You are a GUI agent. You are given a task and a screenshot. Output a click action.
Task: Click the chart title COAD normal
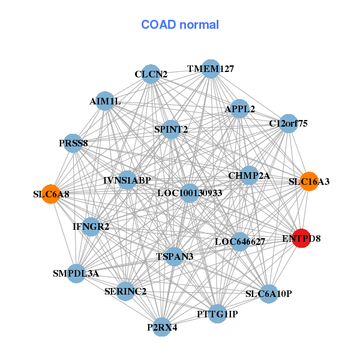(x=180, y=25)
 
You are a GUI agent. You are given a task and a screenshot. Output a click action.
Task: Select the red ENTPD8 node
(x=301, y=238)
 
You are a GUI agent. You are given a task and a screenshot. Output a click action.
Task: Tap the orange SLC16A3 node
(x=308, y=181)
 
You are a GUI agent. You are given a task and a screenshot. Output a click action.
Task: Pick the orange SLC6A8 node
(x=50, y=194)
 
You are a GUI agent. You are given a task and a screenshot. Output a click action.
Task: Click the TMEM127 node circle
(x=210, y=69)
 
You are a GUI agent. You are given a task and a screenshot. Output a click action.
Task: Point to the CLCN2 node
(x=151, y=74)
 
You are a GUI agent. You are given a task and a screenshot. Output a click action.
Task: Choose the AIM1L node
(x=105, y=101)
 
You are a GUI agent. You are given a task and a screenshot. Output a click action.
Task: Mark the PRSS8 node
(x=73, y=143)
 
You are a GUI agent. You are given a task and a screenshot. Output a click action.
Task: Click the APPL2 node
(x=239, y=109)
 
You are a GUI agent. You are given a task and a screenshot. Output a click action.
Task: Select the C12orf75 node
(x=289, y=124)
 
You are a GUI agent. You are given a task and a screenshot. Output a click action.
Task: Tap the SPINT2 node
(x=171, y=129)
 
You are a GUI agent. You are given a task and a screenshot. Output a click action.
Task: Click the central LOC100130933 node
(x=189, y=193)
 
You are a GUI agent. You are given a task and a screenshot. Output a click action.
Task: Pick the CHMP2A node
(x=249, y=176)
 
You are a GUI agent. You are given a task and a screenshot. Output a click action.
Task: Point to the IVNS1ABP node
(x=127, y=180)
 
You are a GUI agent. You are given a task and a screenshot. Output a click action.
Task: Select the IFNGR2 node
(x=91, y=227)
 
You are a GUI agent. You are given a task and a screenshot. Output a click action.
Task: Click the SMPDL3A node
(x=76, y=274)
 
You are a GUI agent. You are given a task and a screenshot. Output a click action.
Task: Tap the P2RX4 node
(x=161, y=327)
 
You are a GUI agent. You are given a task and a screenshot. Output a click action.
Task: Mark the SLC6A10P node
(x=268, y=294)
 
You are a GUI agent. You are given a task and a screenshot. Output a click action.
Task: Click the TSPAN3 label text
(x=175, y=257)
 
